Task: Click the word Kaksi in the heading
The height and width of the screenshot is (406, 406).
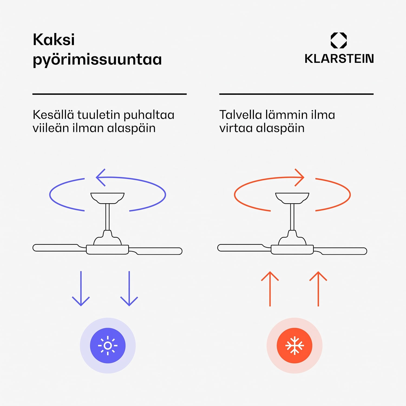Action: pos(54,40)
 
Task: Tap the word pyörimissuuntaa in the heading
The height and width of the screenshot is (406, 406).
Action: pos(97,60)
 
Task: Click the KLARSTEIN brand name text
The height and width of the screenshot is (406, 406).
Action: pos(339,59)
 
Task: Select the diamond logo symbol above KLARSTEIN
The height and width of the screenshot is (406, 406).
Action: pos(339,40)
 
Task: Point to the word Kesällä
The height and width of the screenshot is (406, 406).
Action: pos(53,114)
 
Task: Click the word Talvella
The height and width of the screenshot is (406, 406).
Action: pos(240,114)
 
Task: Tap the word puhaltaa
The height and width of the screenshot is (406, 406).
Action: pos(149,115)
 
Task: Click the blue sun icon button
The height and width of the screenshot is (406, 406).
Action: pos(108,346)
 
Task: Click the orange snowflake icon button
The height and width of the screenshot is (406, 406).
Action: pos(294,346)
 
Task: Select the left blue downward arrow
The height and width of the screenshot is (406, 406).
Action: pos(81,289)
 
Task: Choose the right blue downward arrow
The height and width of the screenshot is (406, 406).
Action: pos(129,289)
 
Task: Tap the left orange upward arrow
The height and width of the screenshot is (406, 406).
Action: pos(270,289)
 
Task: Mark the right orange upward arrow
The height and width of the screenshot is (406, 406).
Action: pos(318,289)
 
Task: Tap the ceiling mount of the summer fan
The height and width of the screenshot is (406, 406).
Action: pos(107,198)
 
